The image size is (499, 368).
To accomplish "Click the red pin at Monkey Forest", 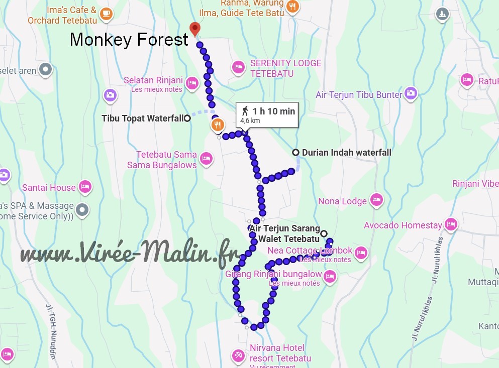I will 194,29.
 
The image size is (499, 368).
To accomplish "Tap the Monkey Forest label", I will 129,40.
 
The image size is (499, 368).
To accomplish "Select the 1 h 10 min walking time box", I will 267,114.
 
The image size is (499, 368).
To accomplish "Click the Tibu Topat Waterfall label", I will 142,118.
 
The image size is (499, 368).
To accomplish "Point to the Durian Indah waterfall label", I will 346,153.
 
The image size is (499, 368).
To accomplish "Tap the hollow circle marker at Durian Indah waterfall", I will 296,153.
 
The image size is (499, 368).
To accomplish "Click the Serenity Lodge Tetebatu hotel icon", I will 238,67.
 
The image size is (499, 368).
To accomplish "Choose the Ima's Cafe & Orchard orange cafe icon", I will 106,14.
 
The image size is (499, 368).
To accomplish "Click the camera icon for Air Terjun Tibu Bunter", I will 411,93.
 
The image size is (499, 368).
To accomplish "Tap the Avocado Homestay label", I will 403,225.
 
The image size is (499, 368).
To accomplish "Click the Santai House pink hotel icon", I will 85,187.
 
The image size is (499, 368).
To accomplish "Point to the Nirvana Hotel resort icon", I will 238,355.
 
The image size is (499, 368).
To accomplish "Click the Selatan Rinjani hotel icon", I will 191,83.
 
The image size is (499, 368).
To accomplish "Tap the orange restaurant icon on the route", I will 217,125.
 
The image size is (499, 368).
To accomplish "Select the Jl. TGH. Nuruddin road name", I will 51,332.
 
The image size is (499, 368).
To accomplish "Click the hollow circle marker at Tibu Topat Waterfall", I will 187,118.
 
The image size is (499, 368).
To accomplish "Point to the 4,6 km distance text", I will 250,121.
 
